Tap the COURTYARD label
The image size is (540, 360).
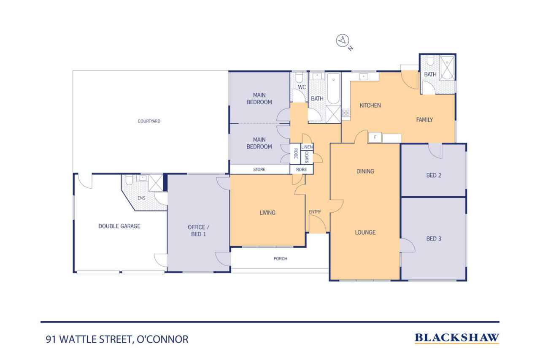pyautogui.click(x=149, y=121)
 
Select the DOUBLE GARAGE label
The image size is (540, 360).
pyautogui.click(x=119, y=226)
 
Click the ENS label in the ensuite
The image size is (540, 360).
pyautogui.click(x=141, y=198)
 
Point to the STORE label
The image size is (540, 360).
pyautogui.click(x=259, y=170)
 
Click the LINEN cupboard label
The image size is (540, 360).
pyautogui.click(x=307, y=147)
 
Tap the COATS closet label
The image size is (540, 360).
pyautogui.click(x=307, y=157)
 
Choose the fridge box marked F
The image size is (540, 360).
pyautogui.click(x=375, y=138)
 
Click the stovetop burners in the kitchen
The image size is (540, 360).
pyautogui.click(x=346, y=113)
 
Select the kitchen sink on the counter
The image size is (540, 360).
pyautogui.click(x=364, y=77)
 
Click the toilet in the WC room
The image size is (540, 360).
pyautogui.click(x=299, y=78)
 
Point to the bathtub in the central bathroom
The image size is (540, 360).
pyautogui.click(x=334, y=89)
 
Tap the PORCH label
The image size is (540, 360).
pyautogui.click(x=281, y=259)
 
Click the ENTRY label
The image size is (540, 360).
pyautogui.click(x=315, y=212)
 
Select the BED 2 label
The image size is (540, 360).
pyautogui.click(x=434, y=175)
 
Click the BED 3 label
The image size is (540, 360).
pyautogui.click(x=434, y=239)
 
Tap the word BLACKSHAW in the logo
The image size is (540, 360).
pyautogui.click(x=457, y=338)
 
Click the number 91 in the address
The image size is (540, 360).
pyautogui.click(x=51, y=339)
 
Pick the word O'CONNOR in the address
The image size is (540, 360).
pyautogui.click(x=162, y=339)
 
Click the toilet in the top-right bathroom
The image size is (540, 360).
pyautogui.click(x=430, y=60)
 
